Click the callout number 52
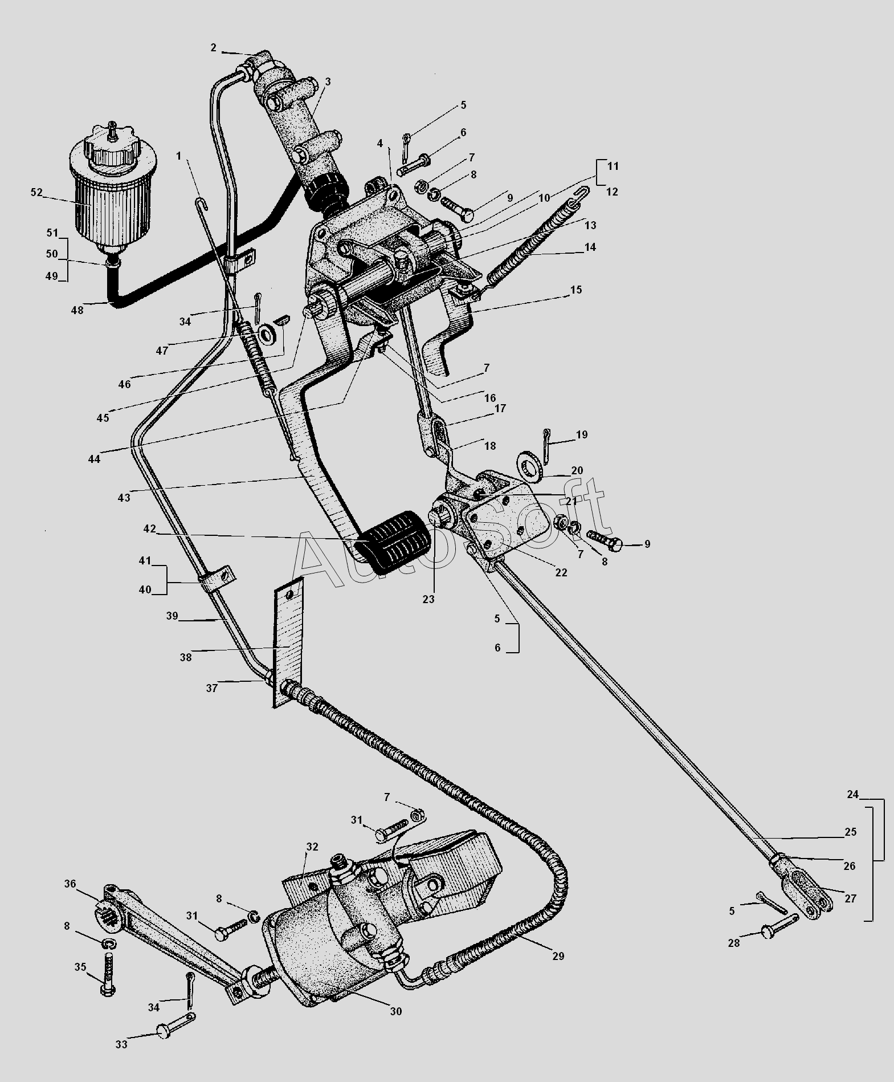tap(36, 193)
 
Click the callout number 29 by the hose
tap(558, 955)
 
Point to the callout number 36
tap(70, 884)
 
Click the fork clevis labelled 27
tap(808, 893)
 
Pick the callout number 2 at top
tap(213, 48)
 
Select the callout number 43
tap(124, 497)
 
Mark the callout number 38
tap(186, 657)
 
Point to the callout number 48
tap(77, 310)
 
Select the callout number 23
tap(428, 599)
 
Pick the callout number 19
tap(581, 434)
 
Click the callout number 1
tap(178, 156)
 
